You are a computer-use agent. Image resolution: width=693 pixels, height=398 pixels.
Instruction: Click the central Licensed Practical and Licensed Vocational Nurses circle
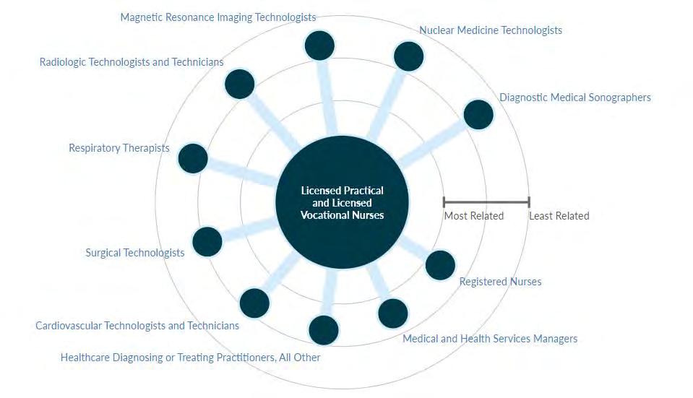[342, 202]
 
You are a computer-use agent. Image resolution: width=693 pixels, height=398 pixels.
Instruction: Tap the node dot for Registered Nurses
[440, 265]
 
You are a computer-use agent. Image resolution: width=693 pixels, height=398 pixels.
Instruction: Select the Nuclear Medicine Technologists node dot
[408, 56]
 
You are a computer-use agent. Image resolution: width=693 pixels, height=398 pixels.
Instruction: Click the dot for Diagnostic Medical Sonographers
[478, 114]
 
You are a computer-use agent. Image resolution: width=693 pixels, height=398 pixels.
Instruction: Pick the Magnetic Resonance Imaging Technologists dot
[319, 46]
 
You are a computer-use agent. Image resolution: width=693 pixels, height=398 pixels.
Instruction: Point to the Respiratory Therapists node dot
[192, 158]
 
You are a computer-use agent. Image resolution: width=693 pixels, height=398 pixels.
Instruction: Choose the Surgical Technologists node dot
[207, 241]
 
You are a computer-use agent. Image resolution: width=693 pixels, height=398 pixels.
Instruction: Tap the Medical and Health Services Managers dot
[392, 313]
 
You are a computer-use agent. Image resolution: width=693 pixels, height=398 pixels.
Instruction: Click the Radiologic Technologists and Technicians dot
[239, 84]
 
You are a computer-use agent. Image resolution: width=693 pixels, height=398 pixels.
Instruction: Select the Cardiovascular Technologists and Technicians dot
[254, 303]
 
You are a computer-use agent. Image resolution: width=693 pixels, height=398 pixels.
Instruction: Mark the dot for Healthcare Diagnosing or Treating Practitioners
[323, 330]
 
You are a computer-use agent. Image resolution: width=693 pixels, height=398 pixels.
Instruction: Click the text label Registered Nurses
[500, 281]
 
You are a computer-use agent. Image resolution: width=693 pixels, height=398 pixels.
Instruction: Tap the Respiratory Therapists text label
[119, 148]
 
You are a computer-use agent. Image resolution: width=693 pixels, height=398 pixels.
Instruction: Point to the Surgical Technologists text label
[135, 253]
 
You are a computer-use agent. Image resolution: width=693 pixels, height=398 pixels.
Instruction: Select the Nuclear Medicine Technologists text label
[491, 30]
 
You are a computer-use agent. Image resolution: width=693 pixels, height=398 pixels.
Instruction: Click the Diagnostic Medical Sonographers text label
[575, 97]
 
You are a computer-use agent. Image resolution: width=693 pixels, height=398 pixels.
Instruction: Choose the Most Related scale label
[473, 215]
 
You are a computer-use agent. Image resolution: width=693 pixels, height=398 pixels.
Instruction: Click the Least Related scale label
[559, 215]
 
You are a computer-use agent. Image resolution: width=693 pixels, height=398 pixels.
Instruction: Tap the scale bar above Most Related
[486, 202]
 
